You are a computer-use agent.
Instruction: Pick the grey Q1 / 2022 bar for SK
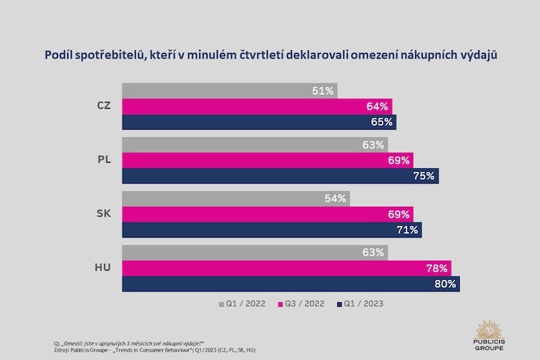click(x=236, y=199)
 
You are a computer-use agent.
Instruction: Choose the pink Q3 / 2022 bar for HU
click(x=286, y=268)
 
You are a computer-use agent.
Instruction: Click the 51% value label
click(x=323, y=91)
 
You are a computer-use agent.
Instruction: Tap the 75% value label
click(x=424, y=176)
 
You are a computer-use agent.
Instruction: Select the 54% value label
click(x=336, y=199)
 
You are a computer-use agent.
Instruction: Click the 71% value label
click(x=407, y=230)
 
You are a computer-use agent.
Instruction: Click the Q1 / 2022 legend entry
click(x=243, y=303)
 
